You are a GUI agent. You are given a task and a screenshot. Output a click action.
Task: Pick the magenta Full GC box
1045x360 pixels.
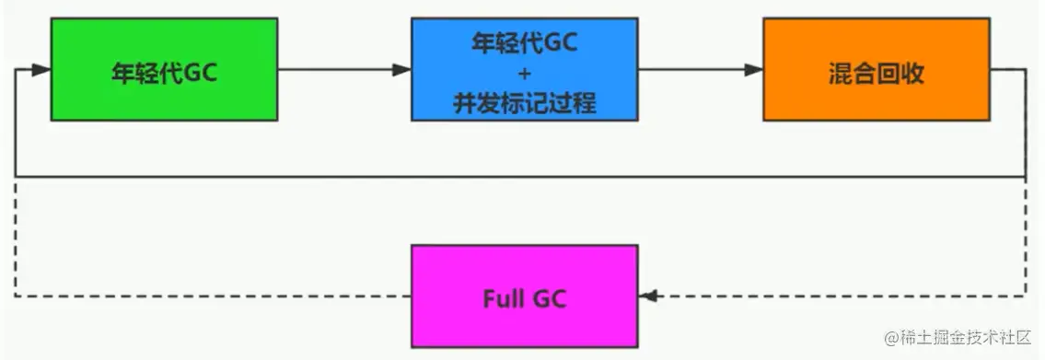click(524, 295)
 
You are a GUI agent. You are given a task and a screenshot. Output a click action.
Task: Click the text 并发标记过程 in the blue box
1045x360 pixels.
click(524, 102)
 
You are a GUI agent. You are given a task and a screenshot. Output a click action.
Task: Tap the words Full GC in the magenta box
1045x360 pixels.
click(524, 298)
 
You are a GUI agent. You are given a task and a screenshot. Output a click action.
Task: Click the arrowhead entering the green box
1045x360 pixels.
click(41, 69)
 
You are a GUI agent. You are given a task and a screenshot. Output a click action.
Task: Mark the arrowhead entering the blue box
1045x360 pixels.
click(401, 69)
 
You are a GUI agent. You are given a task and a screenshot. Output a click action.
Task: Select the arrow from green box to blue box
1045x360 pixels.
click(341, 69)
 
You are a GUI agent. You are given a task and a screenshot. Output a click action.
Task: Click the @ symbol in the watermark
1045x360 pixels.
click(890, 339)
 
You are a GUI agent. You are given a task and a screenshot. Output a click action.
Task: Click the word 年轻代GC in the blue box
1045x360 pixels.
click(524, 42)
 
